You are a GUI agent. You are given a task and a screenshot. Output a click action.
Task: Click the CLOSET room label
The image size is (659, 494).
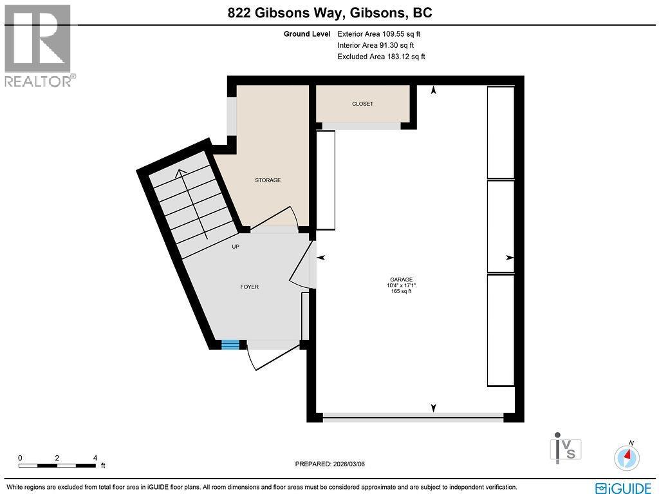[x=362, y=104]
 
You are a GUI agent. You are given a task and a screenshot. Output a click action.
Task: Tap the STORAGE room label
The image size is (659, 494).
[x=268, y=180]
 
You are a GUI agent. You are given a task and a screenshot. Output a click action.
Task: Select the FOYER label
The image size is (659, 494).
[x=249, y=287]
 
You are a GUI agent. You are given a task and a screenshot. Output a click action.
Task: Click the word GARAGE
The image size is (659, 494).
[x=401, y=280]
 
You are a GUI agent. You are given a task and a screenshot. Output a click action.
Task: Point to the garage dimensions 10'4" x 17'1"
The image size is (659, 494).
[x=401, y=285]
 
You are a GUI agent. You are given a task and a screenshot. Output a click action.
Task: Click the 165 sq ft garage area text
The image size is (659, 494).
[x=401, y=292]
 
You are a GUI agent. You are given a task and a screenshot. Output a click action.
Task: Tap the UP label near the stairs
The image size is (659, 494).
[x=236, y=247]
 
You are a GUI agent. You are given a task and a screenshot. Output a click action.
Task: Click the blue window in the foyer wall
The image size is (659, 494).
[x=230, y=345]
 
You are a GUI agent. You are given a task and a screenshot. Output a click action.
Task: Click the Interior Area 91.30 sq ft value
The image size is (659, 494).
[x=376, y=46]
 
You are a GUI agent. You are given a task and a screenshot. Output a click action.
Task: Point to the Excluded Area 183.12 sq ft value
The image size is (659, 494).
[x=381, y=57]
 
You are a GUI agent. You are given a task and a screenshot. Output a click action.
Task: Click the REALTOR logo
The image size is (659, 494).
[x=38, y=46]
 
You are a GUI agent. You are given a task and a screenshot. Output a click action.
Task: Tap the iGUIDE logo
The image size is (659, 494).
[x=624, y=487]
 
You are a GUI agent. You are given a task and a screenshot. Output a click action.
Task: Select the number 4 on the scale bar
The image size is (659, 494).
[x=95, y=458]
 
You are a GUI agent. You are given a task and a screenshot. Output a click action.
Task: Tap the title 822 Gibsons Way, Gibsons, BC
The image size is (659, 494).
[x=329, y=13]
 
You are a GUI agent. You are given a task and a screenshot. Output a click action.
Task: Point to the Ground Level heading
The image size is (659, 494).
[x=307, y=34]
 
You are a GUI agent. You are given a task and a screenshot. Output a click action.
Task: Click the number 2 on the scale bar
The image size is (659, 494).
[x=57, y=458]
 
